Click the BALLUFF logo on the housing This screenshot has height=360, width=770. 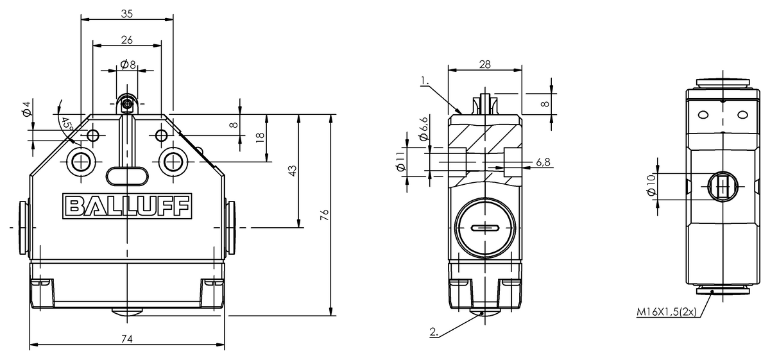pyautogui.click(x=127, y=206)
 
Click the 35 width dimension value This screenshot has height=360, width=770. pyautogui.click(x=127, y=13)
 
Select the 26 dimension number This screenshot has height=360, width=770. pyautogui.click(x=127, y=40)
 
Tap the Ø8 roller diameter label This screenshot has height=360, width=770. pyautogui.click(x=128, y=64)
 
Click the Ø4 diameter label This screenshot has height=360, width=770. pyautogui.click(x=27, y=108)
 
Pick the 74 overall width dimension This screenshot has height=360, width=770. pyautogui.click(x=127, y=339)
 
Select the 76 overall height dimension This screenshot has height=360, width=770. pyautogui.click(x=324, y=215)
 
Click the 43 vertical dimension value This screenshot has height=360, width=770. pyautogui.click(x=292, y=171)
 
